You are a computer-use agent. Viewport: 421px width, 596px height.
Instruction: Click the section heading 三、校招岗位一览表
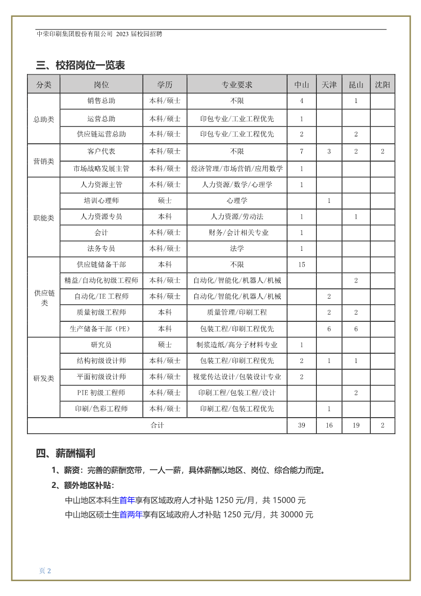coord(81,65)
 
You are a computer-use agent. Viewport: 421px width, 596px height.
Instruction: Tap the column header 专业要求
coord(237,85)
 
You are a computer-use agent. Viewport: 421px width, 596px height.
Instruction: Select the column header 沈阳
coord(382,85)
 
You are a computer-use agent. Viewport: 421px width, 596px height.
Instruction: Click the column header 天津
coord(329,85)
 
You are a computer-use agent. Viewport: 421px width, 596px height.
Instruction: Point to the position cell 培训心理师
coord(101,200)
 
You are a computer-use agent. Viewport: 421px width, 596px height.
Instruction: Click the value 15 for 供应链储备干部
coord(302,265)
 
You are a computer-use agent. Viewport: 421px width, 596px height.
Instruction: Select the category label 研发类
coord(44,378)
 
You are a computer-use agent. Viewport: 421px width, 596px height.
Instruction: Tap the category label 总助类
coord(44,119)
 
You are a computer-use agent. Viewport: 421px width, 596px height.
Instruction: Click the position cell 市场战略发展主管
coord(101,168)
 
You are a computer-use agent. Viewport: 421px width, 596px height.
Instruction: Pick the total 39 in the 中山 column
coord(302,425)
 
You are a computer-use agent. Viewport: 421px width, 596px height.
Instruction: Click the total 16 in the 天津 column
coord(329,425)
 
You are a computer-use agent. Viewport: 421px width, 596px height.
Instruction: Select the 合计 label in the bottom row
coord(157,425)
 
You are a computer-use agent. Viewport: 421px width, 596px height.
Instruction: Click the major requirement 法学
coord(237,248)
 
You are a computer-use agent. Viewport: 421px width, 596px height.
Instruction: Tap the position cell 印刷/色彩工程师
coord(101,408)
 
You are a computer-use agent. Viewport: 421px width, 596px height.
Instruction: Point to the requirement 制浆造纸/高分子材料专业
coord(237,345)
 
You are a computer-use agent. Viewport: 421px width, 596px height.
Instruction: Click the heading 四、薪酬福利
coord(66,453)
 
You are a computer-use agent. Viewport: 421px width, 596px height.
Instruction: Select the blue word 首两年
coord(131,514)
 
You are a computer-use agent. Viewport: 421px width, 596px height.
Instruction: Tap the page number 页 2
coord(45,571)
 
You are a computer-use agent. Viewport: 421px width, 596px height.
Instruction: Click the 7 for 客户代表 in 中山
coord(302,151)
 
